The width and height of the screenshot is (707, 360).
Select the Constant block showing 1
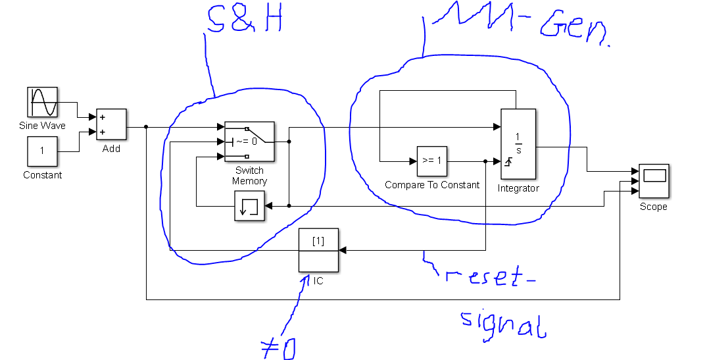42,151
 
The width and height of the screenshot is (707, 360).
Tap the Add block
111,124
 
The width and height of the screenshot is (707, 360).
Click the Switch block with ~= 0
249,141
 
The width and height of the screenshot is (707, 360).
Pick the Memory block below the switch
249,207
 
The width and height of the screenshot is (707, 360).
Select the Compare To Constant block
432,161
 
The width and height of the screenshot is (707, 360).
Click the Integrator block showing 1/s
518,144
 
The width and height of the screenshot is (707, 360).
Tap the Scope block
654,180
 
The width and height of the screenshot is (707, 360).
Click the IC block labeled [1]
318,249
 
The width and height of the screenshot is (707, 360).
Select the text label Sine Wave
42,126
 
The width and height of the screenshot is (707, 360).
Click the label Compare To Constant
432,185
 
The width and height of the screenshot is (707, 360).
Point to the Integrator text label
518,188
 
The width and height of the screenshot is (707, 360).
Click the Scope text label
653,207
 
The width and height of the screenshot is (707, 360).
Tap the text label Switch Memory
249,176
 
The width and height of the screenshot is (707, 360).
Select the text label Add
111,149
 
